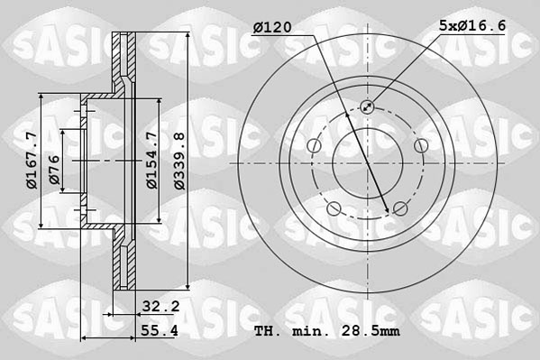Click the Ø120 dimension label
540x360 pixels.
(271, 28)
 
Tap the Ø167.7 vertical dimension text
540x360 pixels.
(32, 160)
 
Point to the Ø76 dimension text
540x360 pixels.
(56, 169)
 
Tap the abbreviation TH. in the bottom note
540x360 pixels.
(267, 332)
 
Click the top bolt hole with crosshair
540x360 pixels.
(367, 107)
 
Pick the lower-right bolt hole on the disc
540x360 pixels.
(398, 208)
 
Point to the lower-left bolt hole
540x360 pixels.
(334, 208)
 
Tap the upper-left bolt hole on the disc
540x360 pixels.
(315, 146)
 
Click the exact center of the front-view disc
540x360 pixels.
(367, 163)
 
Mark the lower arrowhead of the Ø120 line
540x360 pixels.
(389, 211)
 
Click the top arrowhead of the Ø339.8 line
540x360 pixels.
(186, 37)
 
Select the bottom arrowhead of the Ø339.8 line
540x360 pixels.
(186, 290)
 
